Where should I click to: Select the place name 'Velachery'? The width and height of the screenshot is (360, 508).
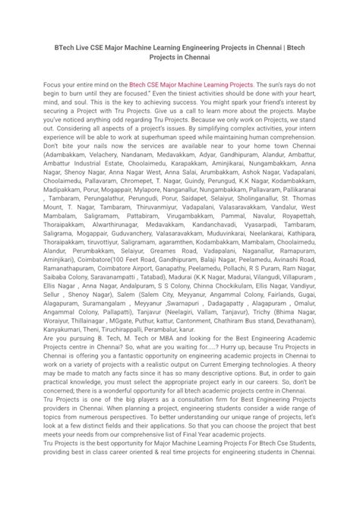point(101,176)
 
